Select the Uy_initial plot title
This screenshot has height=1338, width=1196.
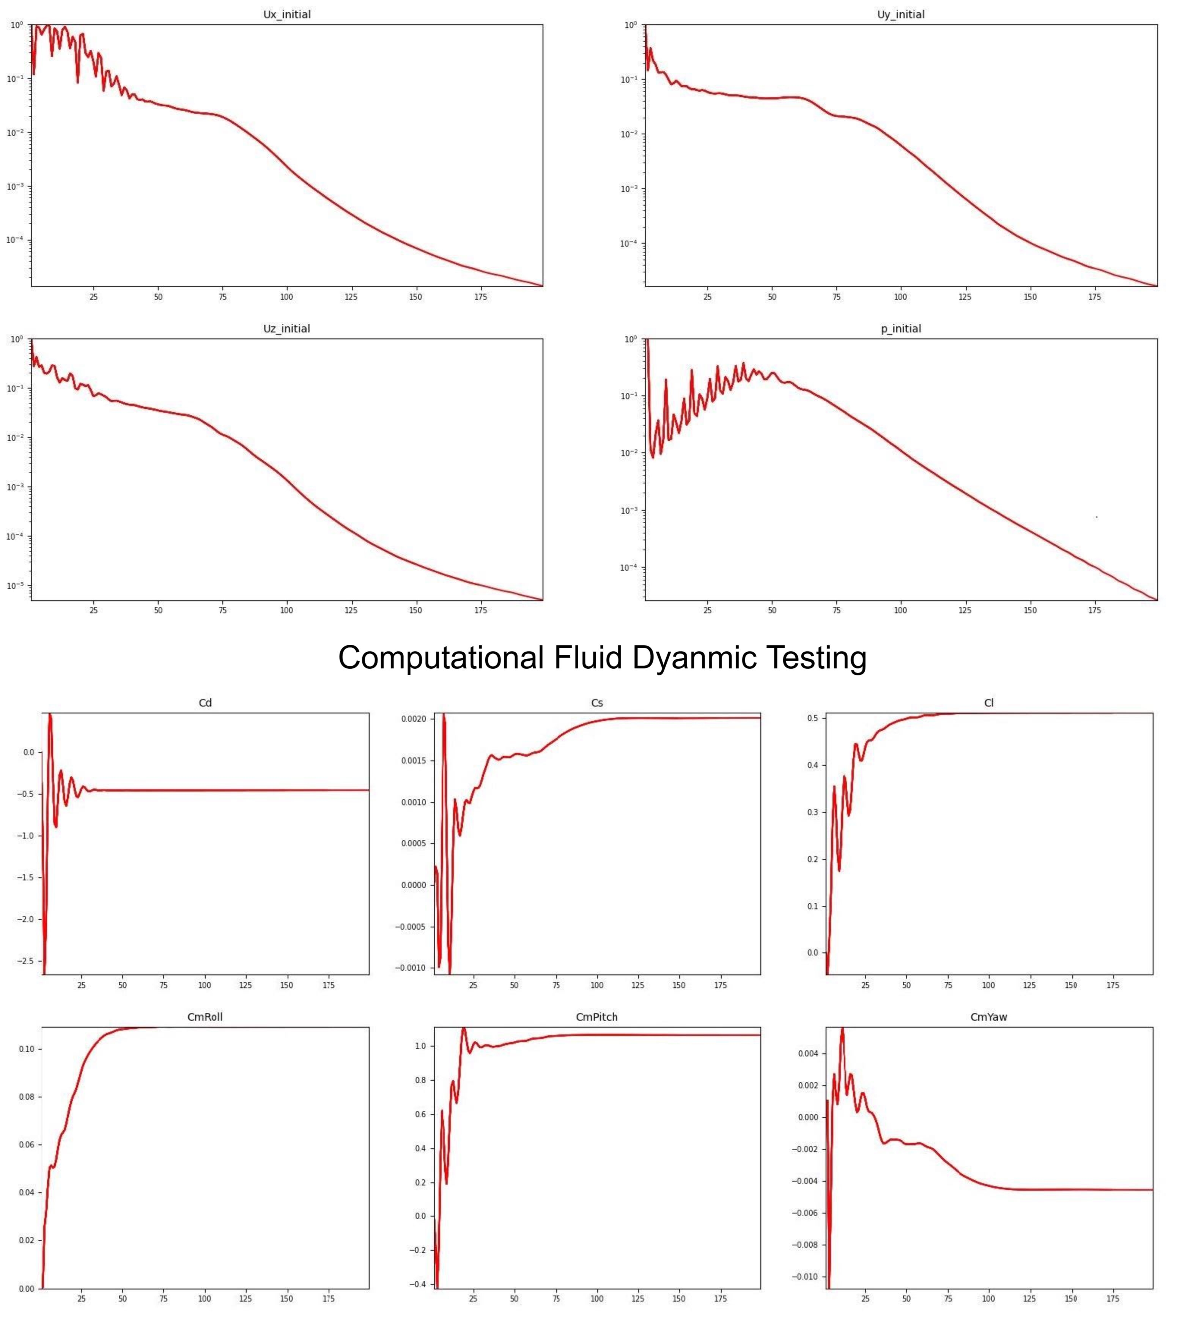(900, 14)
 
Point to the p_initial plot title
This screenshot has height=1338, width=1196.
(900, 329)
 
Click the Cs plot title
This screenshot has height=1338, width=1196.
(597, 703)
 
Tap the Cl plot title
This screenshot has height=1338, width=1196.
(988, 703)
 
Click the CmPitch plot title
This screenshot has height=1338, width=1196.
(597, 1017)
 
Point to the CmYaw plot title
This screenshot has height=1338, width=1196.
(988, 1017)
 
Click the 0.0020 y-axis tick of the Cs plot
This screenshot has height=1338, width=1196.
(414, 719)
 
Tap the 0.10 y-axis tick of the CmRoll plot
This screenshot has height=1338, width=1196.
(26, 1049)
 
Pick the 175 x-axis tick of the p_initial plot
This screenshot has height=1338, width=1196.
(1094, 611)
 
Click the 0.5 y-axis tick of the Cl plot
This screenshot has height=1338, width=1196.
(812, 718)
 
